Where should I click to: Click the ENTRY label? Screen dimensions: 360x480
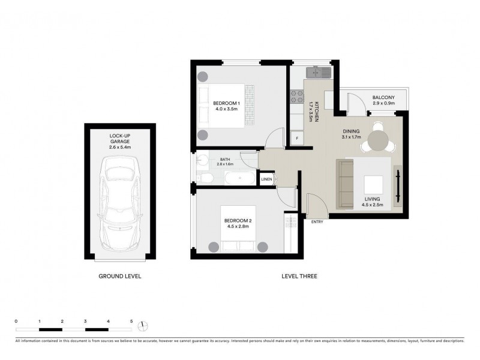click(317, 222)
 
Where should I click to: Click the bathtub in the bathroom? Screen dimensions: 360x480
click(240, 178)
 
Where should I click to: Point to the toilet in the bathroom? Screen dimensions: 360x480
click(205, 178)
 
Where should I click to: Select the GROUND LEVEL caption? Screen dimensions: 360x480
click(119, 277)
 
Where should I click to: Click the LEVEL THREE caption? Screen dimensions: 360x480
click(299, 277)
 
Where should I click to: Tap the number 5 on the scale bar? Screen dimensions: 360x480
click(131, 322)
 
